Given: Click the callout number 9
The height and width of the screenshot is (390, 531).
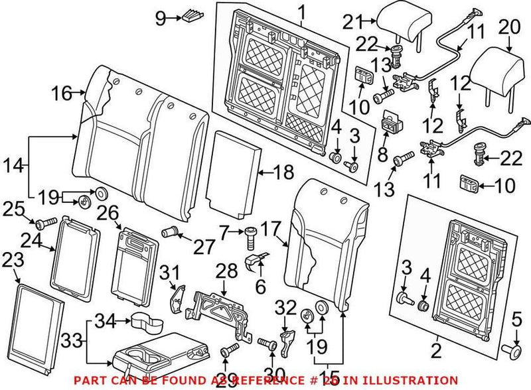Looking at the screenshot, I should (159, 18).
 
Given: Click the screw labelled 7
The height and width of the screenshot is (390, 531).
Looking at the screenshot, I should (250, 233).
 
